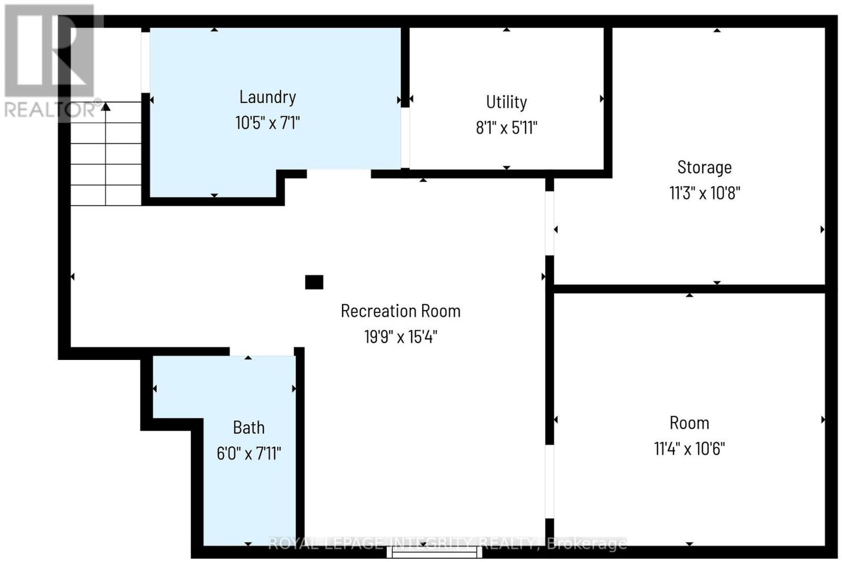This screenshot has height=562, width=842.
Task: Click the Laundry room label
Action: pyautogui.click(x=267, y=97)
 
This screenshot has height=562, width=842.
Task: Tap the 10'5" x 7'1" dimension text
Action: pyautogui.click(x=267, y=123)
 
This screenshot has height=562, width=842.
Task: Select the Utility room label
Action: pyautogui.click(x=506, y=102)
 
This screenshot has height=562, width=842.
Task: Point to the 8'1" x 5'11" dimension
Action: pyautogui.click(x=506, y=128)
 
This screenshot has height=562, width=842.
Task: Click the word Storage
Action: pyautogui.click(x=704, y=167)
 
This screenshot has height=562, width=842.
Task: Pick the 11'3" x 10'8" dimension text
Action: pyautogui.click(x=704, y=193)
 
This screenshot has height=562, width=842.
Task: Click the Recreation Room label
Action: pyautogui.click(x=400, y=311)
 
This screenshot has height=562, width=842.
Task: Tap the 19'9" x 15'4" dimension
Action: pyautogui.click(x=400, y=337)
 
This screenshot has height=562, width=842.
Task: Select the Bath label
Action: pyautogui.click(x=249, y=427)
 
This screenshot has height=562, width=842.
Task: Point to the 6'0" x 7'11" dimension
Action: pyautogui.click(x=249, y=453)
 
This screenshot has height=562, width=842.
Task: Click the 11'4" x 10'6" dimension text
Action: pyautogui.click(x=689, y=449)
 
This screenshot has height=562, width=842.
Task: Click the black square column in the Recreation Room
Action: pyautogui.click(x=314, y=283)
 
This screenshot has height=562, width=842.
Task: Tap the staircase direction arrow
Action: pyautogui.click(x=106, y=107)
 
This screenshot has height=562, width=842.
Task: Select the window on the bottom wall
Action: pyautogui.click(x=435, y=552)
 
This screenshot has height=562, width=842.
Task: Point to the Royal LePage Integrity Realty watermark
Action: pyautogui.click(x=447, y=544)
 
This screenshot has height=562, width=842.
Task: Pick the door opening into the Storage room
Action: pyautogui.click(x=549, y=223)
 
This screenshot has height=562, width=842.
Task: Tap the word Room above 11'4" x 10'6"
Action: pyautogui.click(x=689, y=423)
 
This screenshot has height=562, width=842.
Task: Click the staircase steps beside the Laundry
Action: pyautogui.click(x=106, y=158)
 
